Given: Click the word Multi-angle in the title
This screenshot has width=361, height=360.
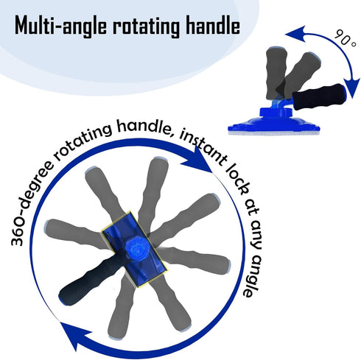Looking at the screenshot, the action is [60, 26].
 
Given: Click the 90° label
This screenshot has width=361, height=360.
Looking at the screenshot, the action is [345, 39].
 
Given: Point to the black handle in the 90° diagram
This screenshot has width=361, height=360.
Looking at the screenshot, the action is [319, 96].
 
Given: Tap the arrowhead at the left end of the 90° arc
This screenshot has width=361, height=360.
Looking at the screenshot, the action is [295, 34].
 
